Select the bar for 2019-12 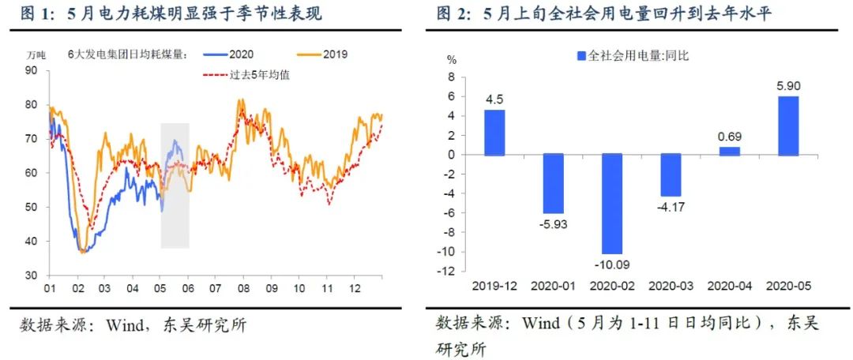tap(495, 133)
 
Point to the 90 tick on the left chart tap(32, 70)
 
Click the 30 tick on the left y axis tap(32, 276)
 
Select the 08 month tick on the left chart tap(243, 289)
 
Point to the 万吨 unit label tap(36, 54)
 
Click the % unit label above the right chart tap(452, 59)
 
